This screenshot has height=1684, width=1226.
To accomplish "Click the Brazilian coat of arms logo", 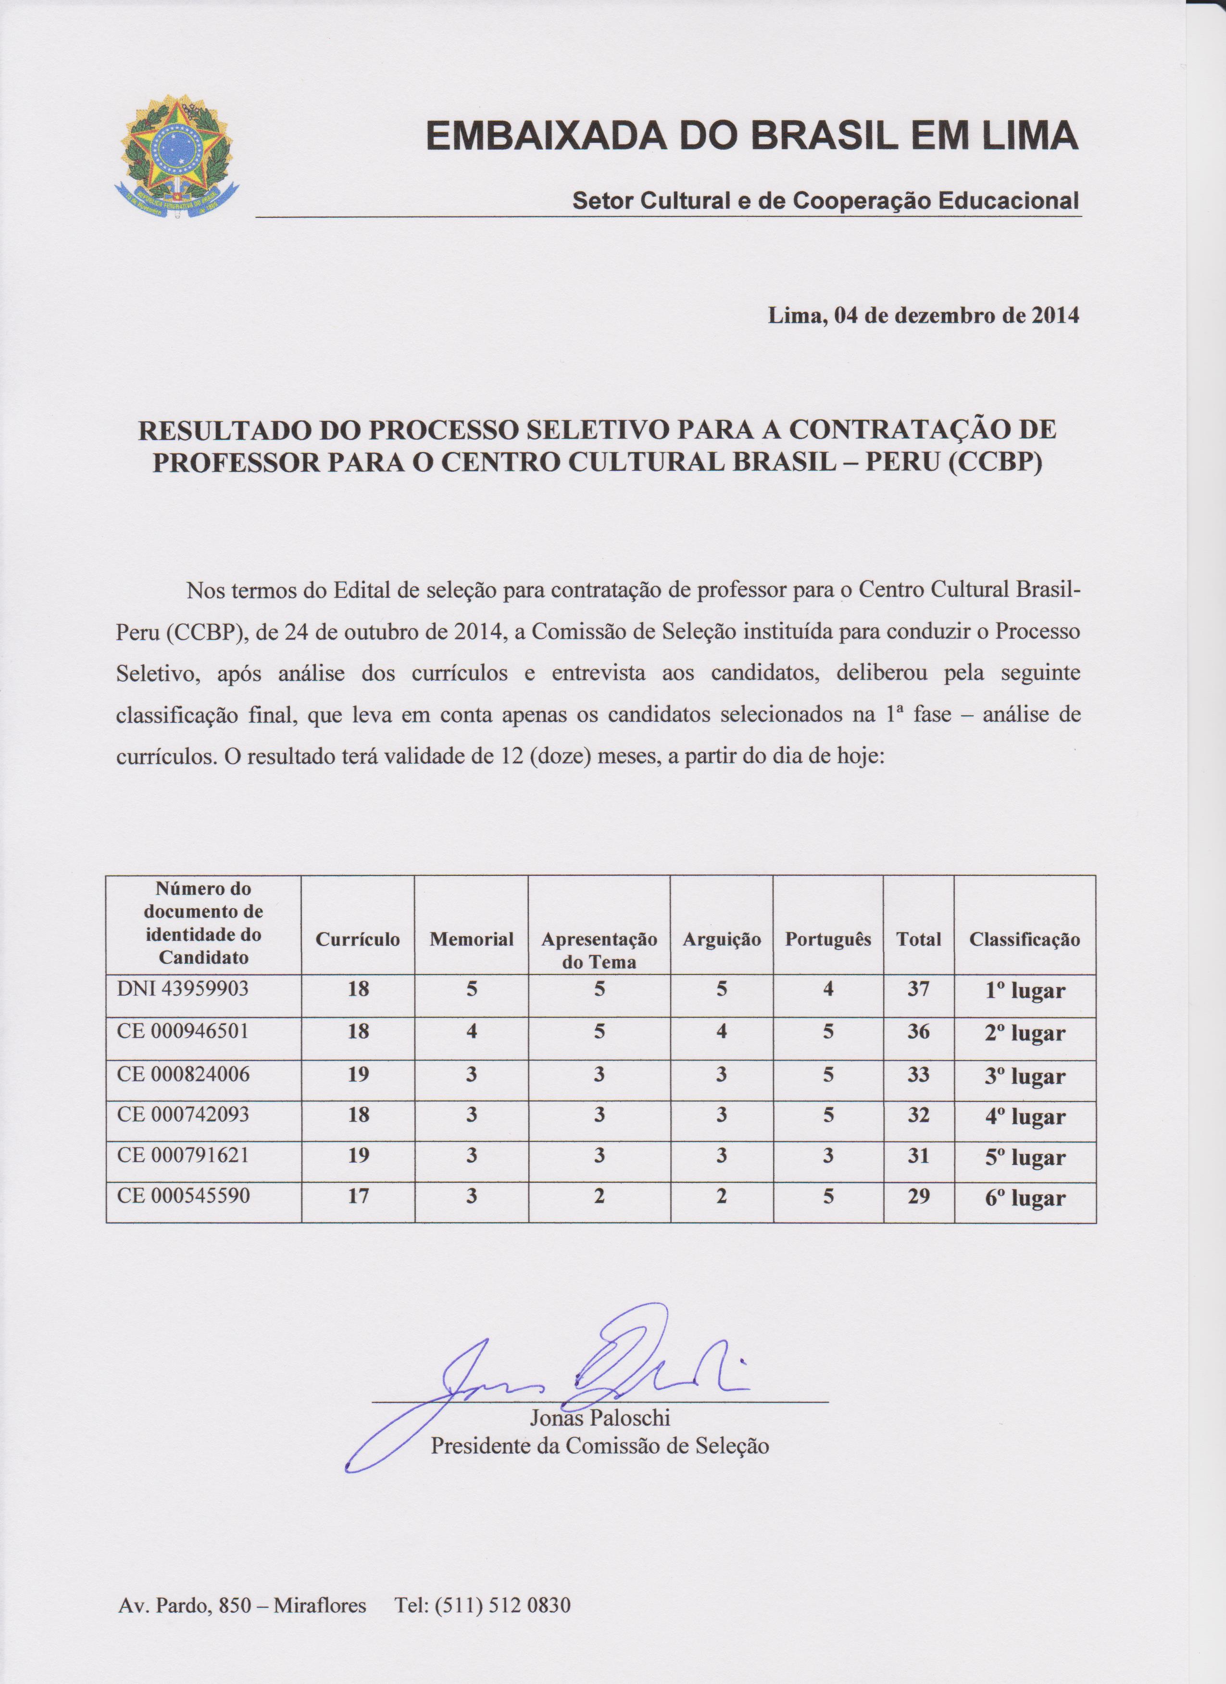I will tap(177, 157).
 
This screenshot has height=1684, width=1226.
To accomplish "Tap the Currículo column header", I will tap(358, 939).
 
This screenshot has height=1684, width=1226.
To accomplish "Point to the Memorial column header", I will tap(471, 939).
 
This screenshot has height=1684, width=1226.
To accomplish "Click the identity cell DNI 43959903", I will tap(183, 989).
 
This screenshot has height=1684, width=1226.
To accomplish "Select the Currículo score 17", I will tap(358, 1196).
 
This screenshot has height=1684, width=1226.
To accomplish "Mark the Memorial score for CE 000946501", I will tap(471, 1031).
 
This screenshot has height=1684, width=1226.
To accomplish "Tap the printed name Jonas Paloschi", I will tap(600, 1418).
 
